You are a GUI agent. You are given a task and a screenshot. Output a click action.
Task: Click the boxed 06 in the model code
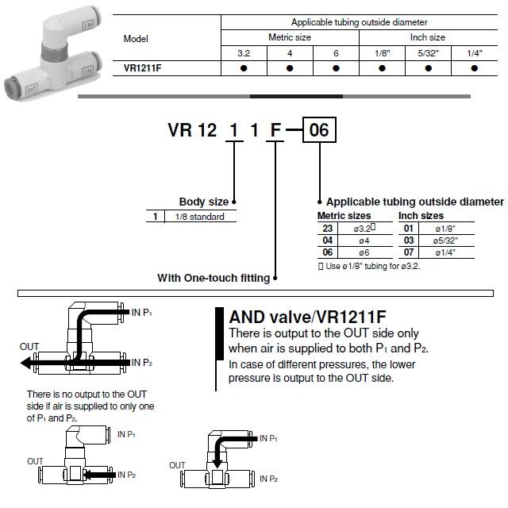[x=318, y=129]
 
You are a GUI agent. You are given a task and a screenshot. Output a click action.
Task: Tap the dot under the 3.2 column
[x=244, y=68]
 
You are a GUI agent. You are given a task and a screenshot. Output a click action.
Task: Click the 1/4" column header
[x=474, y=52]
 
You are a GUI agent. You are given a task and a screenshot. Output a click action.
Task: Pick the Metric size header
[x=290, y=37]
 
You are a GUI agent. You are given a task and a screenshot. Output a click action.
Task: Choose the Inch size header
[x=428, y=37]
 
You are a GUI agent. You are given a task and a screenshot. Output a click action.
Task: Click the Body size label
[x=204, y=202]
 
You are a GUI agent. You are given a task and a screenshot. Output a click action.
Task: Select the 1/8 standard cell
[x=195, y=217]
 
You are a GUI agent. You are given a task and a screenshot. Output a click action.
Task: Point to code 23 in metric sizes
[x=328, y=228]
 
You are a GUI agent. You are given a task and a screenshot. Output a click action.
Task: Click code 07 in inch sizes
[x=409, y=252]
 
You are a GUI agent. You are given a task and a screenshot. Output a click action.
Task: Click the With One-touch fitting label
[x=214, y=278]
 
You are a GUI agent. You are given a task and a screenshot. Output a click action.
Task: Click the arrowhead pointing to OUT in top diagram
[x=27, y=364]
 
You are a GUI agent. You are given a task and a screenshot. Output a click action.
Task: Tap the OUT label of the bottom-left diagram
[x=35, y=461]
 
